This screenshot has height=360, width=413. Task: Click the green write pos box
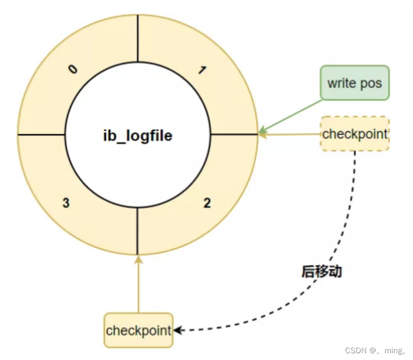click(x=354, y=83)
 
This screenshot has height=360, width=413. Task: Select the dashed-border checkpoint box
click(x=354, y=134)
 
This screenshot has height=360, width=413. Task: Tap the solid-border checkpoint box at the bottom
click(x=138, y=330)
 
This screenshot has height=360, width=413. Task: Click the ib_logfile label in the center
click(x=137, y=136)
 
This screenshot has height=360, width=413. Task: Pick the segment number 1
click(x=202, y=70)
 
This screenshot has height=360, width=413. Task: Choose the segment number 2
click(x=207, y=203)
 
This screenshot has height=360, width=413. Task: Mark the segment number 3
click(x=66, y=203)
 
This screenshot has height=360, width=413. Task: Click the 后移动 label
click(x=321, y=271)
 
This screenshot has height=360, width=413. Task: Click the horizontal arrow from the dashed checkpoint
click(x=290, y=134)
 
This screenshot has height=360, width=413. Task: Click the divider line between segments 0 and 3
click(x=41, y=135)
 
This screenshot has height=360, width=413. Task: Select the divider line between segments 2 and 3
click(x=137, y=231)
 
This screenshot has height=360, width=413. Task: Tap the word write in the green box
click(x=339, y=83)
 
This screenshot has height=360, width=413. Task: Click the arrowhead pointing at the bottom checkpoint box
click(x=177, y=330)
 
